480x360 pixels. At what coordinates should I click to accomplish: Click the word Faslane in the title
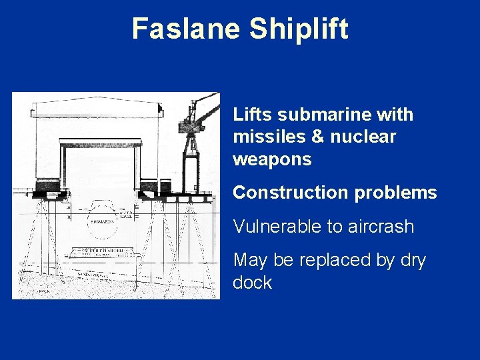tap(187, 29)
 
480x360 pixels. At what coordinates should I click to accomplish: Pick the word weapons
tap(272, 160)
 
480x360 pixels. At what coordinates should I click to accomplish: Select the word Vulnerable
tap(275, 227)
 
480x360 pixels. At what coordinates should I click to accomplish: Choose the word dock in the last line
tap(252, 283)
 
